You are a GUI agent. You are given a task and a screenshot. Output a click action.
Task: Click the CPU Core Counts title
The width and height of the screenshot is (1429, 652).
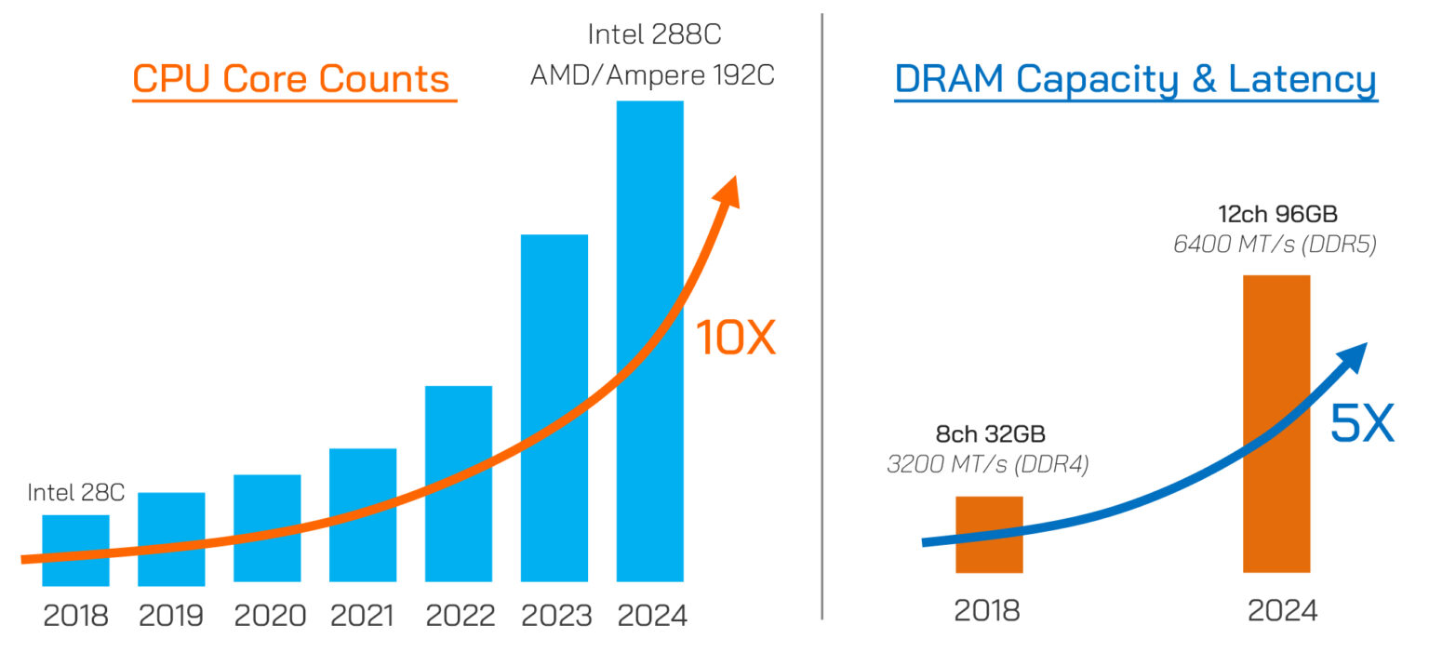tap(291, 78)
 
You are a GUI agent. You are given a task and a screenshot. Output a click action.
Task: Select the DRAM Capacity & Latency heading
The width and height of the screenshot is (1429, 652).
tap(1136, 80)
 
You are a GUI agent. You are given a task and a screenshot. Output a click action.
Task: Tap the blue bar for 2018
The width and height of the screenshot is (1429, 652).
tap(76, 550)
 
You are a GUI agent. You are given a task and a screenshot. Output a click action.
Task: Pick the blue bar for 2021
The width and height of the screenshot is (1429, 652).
tap(363, 515)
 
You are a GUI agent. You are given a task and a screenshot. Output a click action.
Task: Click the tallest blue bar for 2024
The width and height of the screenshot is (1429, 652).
tap(650, 341)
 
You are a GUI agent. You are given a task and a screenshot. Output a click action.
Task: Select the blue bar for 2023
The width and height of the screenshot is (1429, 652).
tap(554, 408)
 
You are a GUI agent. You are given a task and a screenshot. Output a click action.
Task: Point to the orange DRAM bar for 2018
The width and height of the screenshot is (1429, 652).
tap(990, 535)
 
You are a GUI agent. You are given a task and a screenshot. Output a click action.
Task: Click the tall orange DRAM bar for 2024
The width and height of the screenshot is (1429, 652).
tap(1276, 423)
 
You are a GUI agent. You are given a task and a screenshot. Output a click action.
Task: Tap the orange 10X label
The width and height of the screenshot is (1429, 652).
tap(736, 337)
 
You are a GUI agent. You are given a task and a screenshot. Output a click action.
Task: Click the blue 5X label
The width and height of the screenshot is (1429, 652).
tap(1362, 423)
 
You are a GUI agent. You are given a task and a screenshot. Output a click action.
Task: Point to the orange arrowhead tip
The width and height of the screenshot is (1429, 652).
tap(736, 176)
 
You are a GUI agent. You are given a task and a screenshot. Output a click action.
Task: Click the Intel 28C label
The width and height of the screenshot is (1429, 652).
tap(76, 492)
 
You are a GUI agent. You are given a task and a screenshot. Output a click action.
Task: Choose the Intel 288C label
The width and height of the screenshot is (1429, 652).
tap(655, 34)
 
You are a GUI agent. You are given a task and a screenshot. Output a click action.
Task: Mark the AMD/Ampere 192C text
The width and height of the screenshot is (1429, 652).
tap(652, 75)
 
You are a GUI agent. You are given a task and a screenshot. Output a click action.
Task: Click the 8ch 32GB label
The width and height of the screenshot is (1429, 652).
tap(990, 433)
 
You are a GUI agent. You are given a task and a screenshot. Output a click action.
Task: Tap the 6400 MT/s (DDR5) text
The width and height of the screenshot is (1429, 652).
tap(1275, 245)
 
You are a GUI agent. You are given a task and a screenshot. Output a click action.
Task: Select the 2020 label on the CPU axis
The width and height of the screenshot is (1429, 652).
tap(270, 616)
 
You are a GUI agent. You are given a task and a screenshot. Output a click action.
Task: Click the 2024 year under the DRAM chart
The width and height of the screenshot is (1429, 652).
tap(1282, 611)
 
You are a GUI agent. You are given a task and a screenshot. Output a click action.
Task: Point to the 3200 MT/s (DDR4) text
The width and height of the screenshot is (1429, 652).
tap(987, 464)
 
